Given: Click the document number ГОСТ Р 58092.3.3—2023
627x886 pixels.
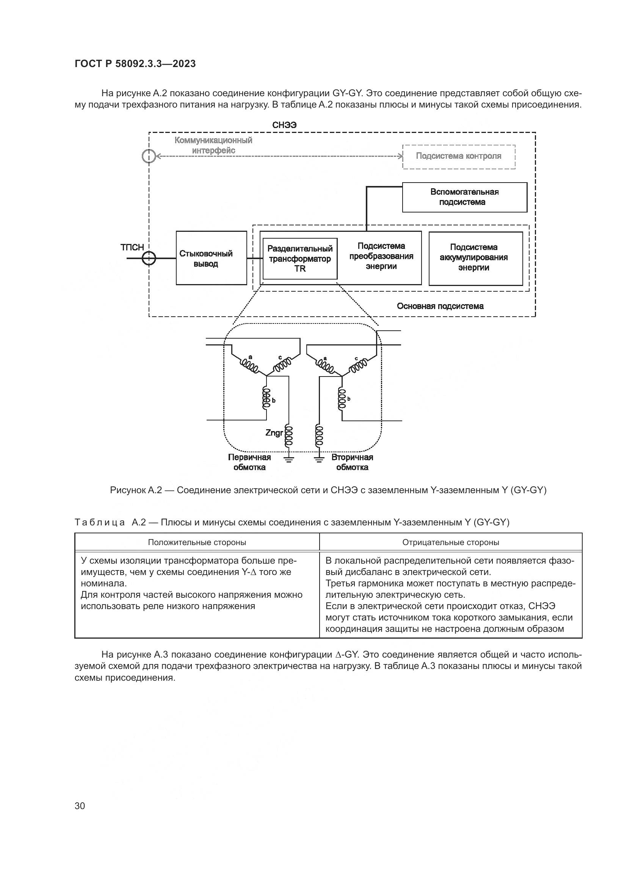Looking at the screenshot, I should pos(135,64).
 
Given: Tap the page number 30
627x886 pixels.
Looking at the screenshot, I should pos(80,806).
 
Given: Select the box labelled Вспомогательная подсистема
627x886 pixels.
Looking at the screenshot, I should pos(464,197).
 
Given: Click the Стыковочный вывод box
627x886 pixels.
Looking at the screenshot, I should pos(211,258).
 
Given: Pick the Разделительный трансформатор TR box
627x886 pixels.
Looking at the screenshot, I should pos(299,259).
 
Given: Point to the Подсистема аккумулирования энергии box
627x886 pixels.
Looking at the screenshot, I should pos(475,258).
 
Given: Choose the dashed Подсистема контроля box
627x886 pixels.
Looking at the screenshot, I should pos(459,156).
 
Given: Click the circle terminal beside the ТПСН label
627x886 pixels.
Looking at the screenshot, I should pos(149,258).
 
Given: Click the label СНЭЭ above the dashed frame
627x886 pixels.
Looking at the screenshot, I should pos(284,125).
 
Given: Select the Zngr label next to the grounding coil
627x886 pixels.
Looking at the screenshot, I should pos(274,433).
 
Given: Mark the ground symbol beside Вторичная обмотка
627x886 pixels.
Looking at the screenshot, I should pos(319,459).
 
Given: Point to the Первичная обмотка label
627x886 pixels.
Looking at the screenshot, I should pos(249,462).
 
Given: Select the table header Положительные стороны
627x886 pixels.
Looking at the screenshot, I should pos(197,542).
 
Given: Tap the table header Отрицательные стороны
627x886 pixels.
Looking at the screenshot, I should pos(451,542).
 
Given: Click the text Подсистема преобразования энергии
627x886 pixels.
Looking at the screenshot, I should pos(381,256).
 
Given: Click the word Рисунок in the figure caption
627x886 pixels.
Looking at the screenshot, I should pos(127,491).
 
